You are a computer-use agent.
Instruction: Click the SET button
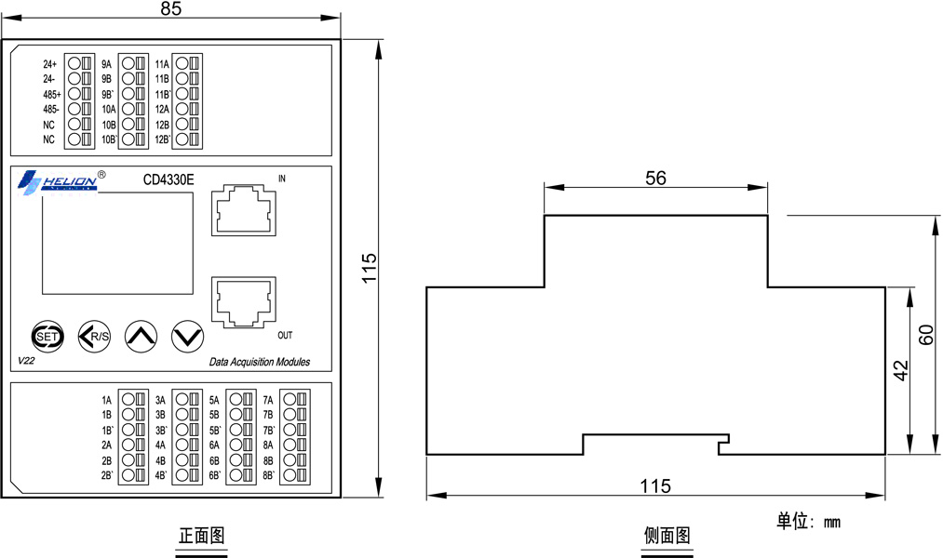coord(47,337)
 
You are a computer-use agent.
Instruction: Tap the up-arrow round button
coord(141,337)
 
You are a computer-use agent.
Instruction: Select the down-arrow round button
coord(188,337)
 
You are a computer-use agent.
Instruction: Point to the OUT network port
coord(244,302)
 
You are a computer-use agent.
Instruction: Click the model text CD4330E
coord(168,179)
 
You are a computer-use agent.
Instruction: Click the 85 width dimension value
coord(170,8)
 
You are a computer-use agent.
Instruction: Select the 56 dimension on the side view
coord(655,178)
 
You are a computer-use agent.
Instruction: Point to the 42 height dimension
coord(900,370)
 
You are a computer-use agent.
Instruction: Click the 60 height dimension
coord(925,335)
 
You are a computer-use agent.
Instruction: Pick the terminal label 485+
coord(52,94)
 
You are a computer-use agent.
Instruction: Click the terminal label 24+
coord(50,63)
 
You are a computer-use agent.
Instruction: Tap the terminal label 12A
coord(162,110)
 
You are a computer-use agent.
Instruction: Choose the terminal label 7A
coord(267,400)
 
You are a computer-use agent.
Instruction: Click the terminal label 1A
coord(106,400)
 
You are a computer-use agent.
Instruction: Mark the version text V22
coord(26,361)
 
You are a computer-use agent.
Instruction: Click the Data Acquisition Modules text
coord(260,362)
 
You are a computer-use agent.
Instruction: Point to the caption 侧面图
coord(667,535)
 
